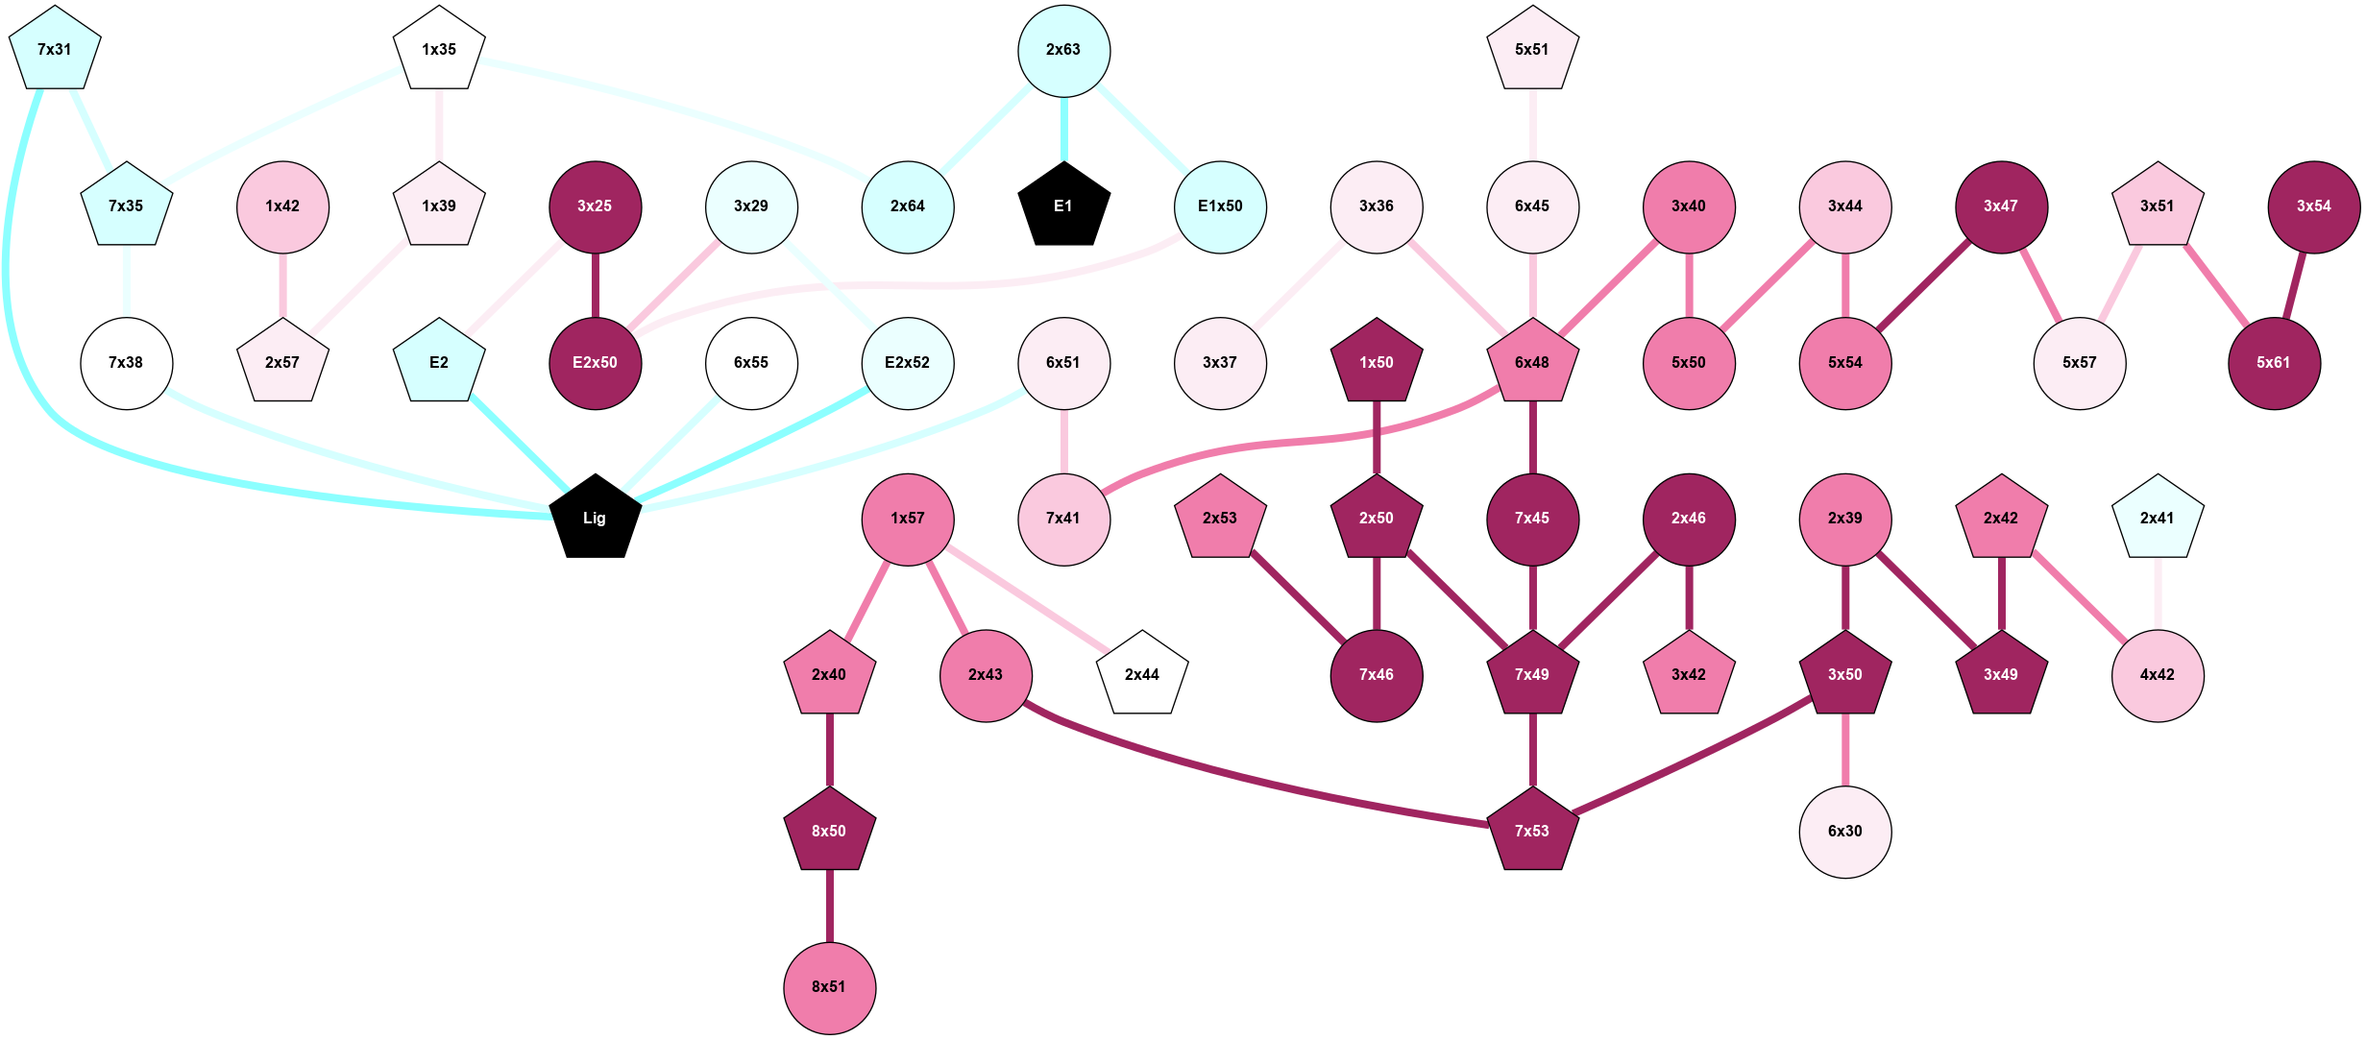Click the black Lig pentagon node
[x=595, y=519]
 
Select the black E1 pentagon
[x=1063, y=206]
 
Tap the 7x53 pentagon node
[x=1532, y=831]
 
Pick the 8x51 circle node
[x=829, y=987]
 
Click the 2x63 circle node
[x=1063, y=51]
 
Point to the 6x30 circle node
[x=1844, y=832]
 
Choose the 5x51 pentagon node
[x=1532, y=50]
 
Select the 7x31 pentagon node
[x=55, y=50]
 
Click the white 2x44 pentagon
[x=1142, y=675]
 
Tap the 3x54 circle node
[x=2313, y=206]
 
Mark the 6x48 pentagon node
[x=1532, y=363]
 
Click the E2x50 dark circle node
[x=595, y=363]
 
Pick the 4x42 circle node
[x=2157, y=675]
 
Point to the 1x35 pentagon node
[x=439, y=50]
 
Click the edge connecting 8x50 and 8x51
[x=829, y=907]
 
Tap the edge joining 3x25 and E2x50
[x=595, y=285]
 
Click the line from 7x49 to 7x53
[x=1532, y=751]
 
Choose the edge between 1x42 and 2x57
[x=282, y=285]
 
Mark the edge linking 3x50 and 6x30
[x=1844, y=751]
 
